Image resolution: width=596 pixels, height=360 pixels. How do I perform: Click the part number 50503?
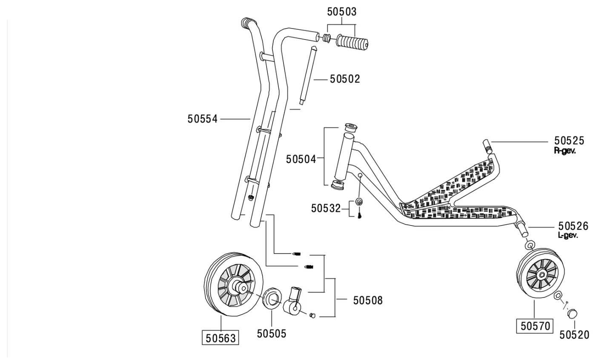tap(341, 11)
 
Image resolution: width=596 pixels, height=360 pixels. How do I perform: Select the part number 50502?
tap(345, 79)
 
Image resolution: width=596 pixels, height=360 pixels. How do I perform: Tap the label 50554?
tap(203, 119)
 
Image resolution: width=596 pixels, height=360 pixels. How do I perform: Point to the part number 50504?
tap(301, 159)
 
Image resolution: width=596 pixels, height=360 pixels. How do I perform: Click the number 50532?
tap(326, 209)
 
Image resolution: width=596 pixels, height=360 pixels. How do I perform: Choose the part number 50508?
tap(368, 300)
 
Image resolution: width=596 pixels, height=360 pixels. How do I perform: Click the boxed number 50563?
tap(221, 338)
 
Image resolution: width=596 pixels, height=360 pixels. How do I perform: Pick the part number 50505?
tap(272, 334)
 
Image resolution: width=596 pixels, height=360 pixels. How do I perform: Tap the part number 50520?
tap(574, 335)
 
